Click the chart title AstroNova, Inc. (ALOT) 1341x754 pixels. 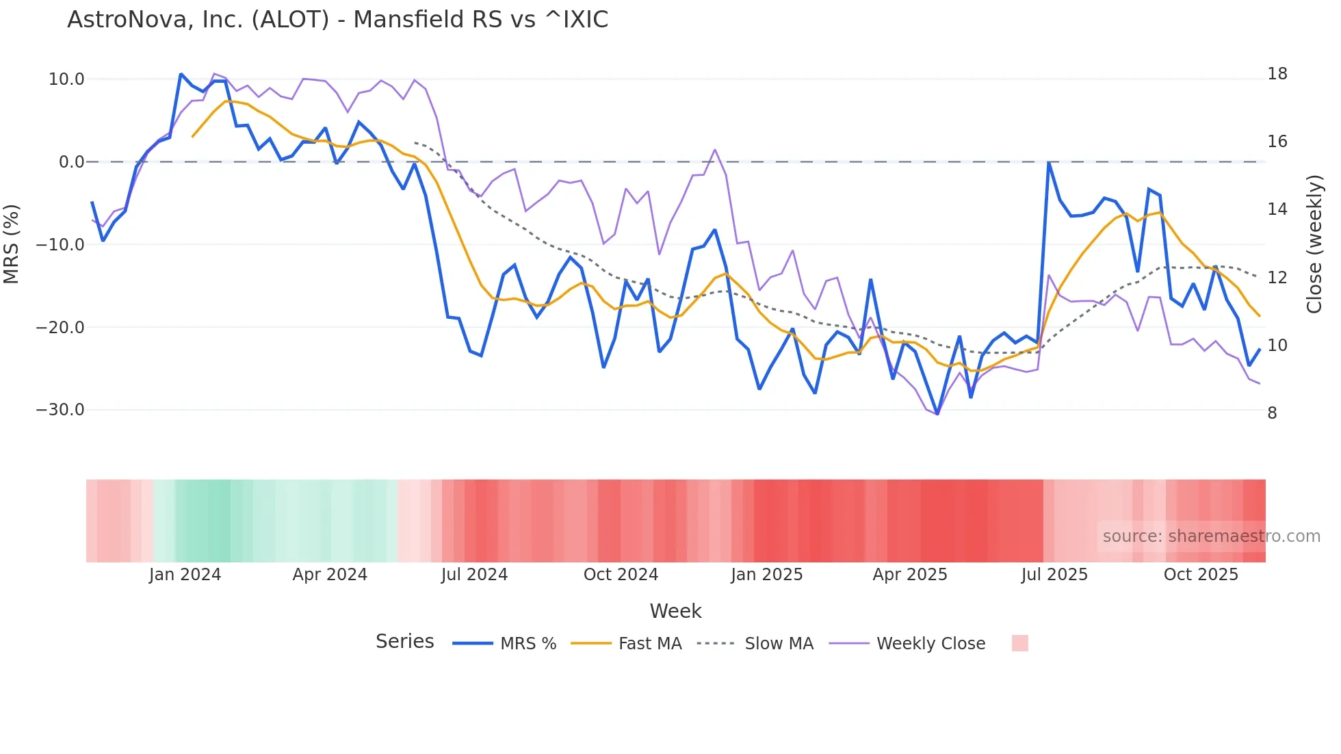[337, 20]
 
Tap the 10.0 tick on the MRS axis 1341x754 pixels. [66, 79]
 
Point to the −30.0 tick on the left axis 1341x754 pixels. [60, 410]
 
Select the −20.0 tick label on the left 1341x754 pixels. [60, 327]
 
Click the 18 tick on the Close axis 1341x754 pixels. [1277, 74]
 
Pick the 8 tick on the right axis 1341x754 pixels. [1272, 413]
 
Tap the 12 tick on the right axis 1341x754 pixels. [1277, 278]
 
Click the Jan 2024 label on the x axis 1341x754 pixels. [185, 575]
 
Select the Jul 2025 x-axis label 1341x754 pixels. [1054, 575]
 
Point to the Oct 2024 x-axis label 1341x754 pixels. [621, 575]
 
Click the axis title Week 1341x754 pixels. [675, 611]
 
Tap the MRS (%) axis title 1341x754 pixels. [12, 244]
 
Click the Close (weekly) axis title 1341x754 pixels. [1314, 244]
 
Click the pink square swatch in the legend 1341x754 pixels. [1019, 643]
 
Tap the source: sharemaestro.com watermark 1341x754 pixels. [1211, 536]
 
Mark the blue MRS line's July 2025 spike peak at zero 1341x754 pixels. [1048, 163]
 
